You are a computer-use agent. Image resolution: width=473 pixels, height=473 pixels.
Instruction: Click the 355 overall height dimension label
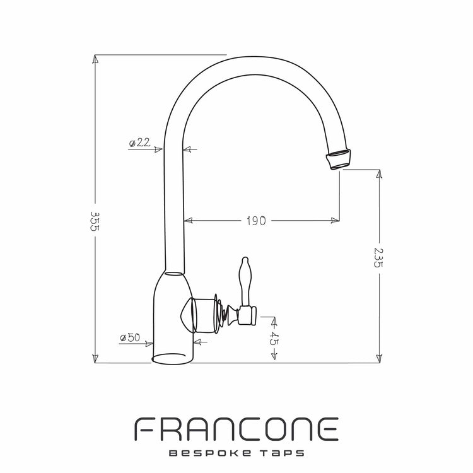(x=95, y=221)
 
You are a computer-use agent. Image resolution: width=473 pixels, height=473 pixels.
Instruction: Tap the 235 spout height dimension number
(x=378, y=257)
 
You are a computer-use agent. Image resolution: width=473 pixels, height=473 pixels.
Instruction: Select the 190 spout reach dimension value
(x=256, y=221)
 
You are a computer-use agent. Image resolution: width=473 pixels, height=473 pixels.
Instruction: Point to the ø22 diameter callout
(x=139, y=143)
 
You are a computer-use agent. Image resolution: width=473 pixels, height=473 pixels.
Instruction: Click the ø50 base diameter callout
(x=130, y=337)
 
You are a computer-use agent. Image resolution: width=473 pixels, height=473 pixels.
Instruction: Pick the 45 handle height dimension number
(x=274, y=339)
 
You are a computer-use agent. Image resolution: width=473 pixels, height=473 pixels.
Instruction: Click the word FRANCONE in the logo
(x=237, y=429)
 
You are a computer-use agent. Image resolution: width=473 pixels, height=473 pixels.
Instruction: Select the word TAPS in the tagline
(x=282, y=453)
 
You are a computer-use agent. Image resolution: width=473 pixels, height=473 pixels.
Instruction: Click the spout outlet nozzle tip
(x=339, y=158)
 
